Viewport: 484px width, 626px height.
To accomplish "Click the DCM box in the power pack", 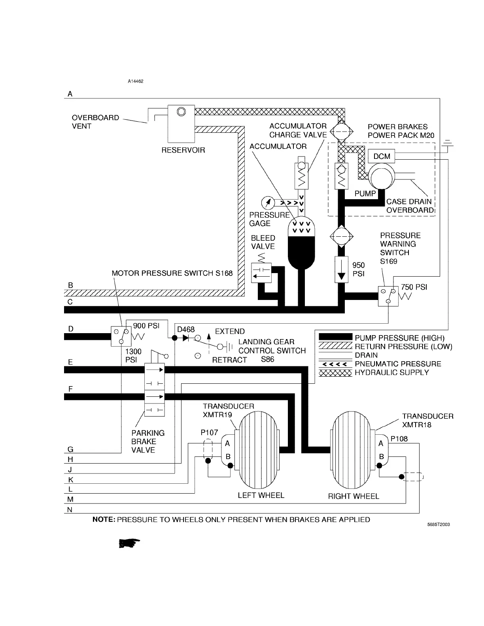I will (381, 156).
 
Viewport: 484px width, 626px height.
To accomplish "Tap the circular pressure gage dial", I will (268, 203).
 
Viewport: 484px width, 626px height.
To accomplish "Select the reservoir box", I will (181, 124).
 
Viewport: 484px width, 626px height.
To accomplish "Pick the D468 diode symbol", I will (186, 338).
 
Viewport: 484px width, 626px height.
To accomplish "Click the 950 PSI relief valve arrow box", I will (340, 269).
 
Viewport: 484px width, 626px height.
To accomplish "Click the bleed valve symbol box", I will (261, 272).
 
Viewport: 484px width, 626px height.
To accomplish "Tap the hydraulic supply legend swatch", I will (335, 373).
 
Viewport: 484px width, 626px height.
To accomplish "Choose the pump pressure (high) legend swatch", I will (335, 337).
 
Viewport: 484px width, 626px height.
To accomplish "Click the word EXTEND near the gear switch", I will (230, 331).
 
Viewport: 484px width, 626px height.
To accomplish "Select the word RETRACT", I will (229, 360).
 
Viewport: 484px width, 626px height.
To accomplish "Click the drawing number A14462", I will (135, 81).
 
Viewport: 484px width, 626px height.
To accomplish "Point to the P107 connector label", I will (209, 432).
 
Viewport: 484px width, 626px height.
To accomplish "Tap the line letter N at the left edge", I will (70, 510).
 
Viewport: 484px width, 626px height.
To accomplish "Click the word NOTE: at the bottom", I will (104, 520).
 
